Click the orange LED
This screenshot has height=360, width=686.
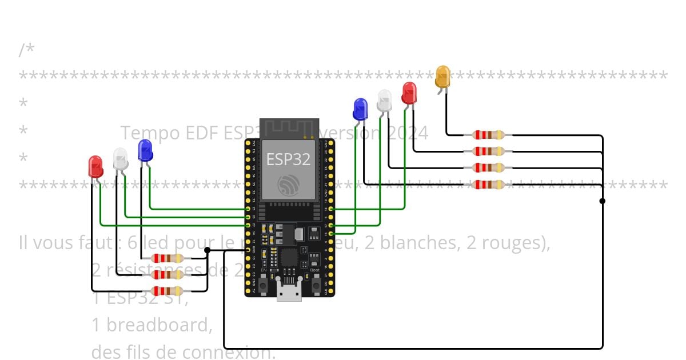click(442, 77)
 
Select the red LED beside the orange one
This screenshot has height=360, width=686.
click(409, 93)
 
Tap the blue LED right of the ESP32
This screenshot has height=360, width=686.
click(360, 109)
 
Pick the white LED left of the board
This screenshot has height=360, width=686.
click(121, 158)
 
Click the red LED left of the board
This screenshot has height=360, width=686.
click(95, 166)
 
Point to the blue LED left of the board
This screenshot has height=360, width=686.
click(146, 150)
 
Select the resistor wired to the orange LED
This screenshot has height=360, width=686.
click(489, 135)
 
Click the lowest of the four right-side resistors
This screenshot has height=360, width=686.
click(489, 185)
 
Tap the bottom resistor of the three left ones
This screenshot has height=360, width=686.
click(167, 290)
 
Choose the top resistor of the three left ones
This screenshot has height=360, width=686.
click(167, 258)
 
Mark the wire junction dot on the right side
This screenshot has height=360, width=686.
click(602, 201)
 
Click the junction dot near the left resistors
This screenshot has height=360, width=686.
click(207, 250)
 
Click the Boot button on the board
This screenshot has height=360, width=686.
click(315, 282)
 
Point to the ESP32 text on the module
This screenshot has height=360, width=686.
click(288, 159)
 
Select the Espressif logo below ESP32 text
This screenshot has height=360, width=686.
click(288, 185)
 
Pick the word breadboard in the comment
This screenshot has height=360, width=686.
click(159, 325)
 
